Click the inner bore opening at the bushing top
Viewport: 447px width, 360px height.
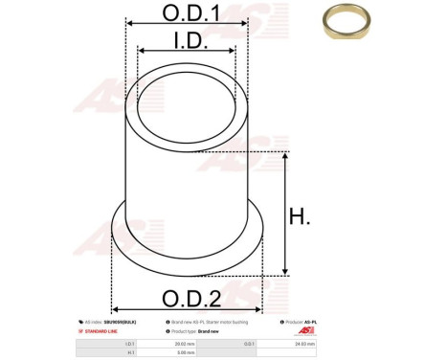pos(187,100)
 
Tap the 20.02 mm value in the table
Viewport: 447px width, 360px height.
pos(182,342)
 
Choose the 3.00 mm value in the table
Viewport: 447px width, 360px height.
pos(182,353)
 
